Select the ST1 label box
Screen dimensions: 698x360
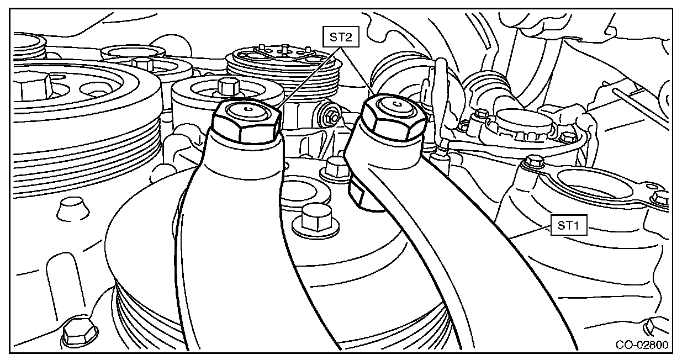point(567,225)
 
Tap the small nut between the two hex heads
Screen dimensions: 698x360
point(332,117)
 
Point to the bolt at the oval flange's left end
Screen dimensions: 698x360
point(533,162)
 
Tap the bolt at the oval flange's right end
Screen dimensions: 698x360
point(660,198)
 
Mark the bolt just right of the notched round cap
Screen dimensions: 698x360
point(564,136)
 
